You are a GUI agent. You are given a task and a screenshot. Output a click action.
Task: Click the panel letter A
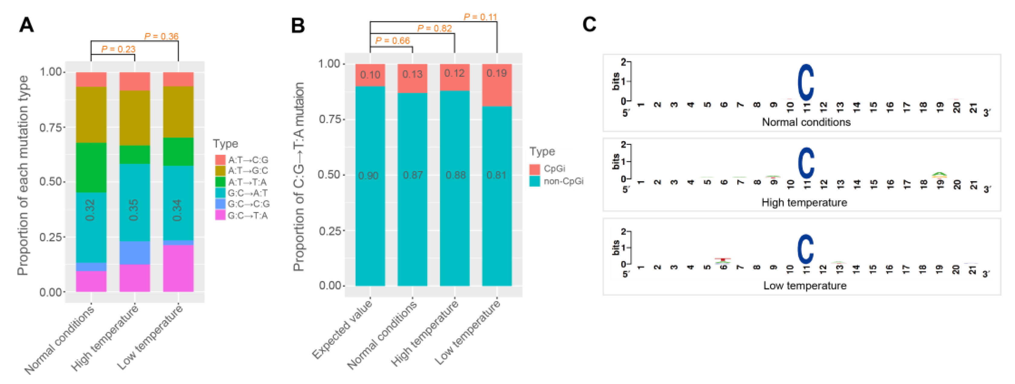point(26,25)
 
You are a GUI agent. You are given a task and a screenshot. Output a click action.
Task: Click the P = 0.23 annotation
point(118,49)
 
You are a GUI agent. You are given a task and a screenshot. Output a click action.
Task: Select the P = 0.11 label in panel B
point(480,17)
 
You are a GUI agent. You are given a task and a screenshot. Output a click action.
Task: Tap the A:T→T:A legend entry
point(247,182)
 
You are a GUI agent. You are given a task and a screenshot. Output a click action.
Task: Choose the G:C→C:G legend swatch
point(220,204)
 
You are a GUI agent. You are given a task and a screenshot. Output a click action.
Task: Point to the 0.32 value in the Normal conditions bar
point(90,210)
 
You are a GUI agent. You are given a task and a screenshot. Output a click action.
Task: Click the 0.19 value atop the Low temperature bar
point(496,73)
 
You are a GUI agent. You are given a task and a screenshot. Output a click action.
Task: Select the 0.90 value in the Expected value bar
point(369,175)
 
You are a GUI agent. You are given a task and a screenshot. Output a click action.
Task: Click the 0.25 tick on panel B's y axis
point(330,231)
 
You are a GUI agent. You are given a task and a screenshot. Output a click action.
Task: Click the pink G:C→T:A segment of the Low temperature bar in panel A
point(178,268)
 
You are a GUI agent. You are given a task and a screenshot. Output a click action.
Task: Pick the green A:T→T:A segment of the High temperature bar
point(134,155)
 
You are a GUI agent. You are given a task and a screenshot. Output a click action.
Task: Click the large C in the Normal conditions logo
point(805,83)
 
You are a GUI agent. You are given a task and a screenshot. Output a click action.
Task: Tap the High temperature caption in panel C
point(804,202)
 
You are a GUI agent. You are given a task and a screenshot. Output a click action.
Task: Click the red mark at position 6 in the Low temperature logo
point(723,259)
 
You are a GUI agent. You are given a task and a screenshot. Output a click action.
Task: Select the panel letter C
point(589,24)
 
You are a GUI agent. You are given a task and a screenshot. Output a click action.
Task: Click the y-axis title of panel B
point(299,176)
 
